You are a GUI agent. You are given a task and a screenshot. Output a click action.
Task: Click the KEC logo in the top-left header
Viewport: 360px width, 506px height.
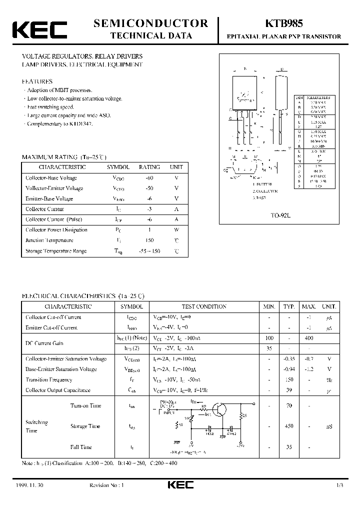click(x=39, y=29)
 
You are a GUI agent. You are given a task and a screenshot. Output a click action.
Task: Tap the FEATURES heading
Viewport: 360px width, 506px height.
click(x=37, y=81)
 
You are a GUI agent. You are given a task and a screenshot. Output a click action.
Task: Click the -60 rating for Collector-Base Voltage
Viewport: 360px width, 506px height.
click(x=149, y=178)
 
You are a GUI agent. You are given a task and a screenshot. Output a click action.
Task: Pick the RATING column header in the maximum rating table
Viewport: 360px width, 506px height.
click(x=149, y=167)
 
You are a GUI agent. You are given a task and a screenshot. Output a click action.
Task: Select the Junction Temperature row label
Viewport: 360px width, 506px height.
click(x=49, y=240)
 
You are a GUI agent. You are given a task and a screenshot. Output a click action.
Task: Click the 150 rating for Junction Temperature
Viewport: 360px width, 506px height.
click(x=149, y=240)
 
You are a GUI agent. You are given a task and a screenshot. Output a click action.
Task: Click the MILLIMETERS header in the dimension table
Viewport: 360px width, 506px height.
click(x=319, y=97)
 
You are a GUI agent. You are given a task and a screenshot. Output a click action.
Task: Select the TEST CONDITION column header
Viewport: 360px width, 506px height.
click(x=203, y=306)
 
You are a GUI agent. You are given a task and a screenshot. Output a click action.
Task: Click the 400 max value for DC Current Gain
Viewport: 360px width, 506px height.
click(x=309, y=338)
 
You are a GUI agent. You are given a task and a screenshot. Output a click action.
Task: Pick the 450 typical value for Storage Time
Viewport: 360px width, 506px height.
click(x=288, y=426)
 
